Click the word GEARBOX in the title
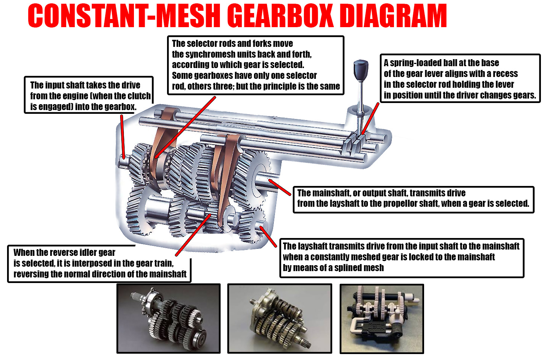[x=280, y=16]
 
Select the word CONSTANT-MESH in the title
[x=124, y=16]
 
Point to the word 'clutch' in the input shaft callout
[x=139, y=96]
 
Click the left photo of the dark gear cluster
[x=169, y=318]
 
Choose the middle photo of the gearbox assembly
[x=279, y=318]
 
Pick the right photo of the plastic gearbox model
[x=382, y=319]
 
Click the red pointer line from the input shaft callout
[x=123, y=137]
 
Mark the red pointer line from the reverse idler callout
[x=193, y=235]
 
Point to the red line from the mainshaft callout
[x=280, y=187]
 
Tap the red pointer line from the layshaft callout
[x=268, y=237]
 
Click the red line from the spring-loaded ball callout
[x=370, y=119]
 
